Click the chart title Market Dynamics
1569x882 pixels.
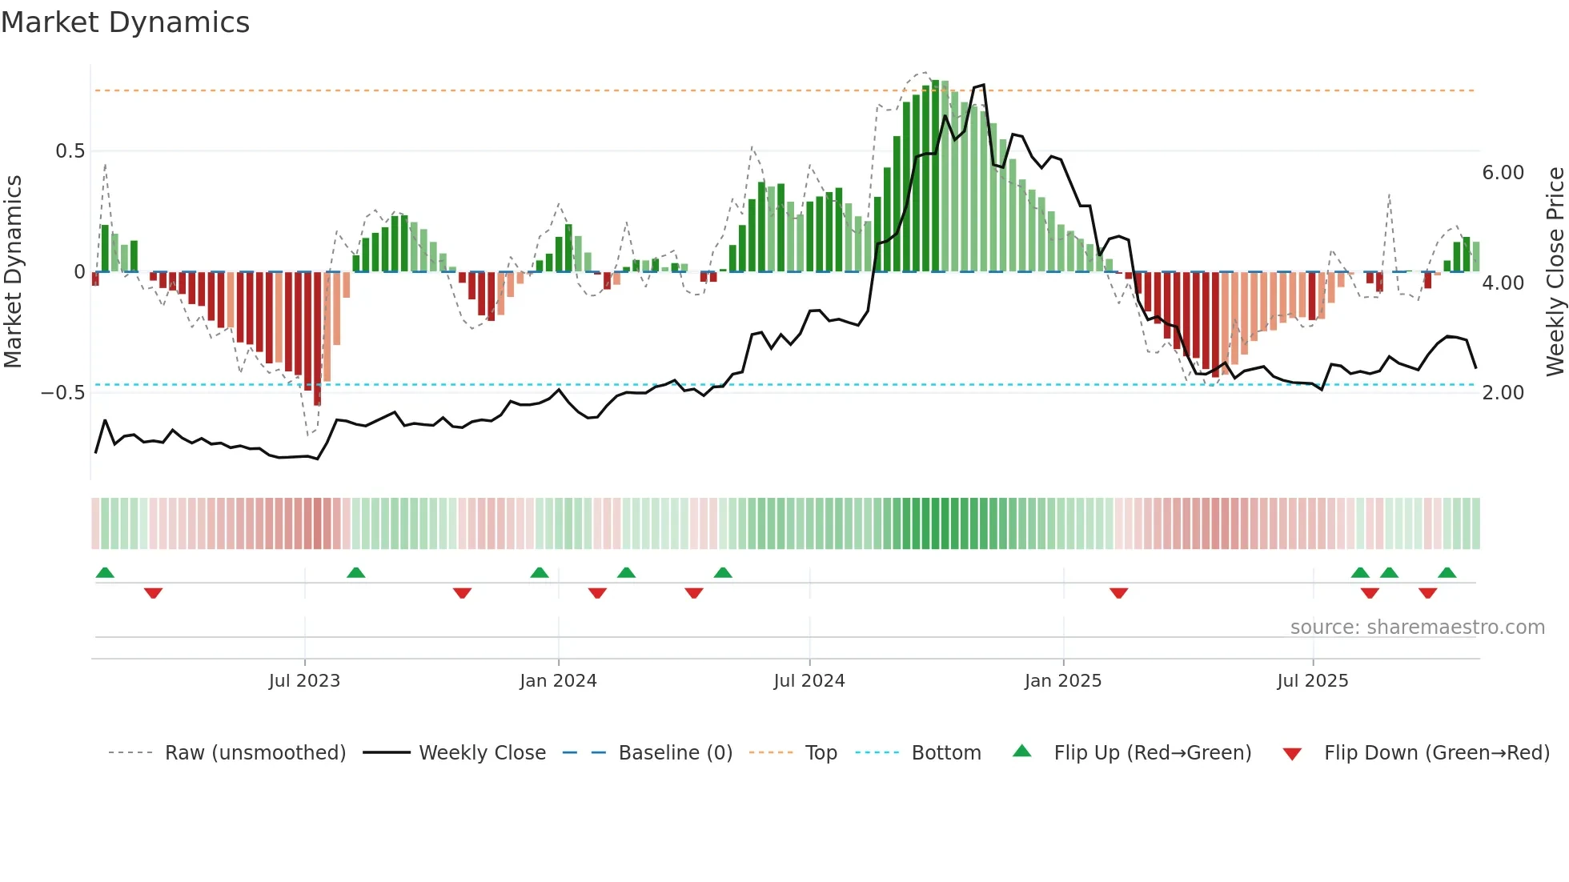125,22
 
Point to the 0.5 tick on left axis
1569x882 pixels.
70,151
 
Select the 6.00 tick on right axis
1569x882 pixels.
1503,173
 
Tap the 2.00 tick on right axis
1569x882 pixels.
1503,393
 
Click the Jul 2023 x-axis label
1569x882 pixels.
304,681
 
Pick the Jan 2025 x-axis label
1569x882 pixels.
1062,681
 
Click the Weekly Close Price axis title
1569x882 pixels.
1555,272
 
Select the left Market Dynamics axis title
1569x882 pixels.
13,272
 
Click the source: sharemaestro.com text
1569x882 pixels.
1417,627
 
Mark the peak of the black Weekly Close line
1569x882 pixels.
983,85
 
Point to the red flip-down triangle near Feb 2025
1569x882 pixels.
1118,593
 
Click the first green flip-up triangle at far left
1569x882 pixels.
105,572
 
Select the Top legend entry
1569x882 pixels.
821,753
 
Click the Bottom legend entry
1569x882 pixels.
945,753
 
